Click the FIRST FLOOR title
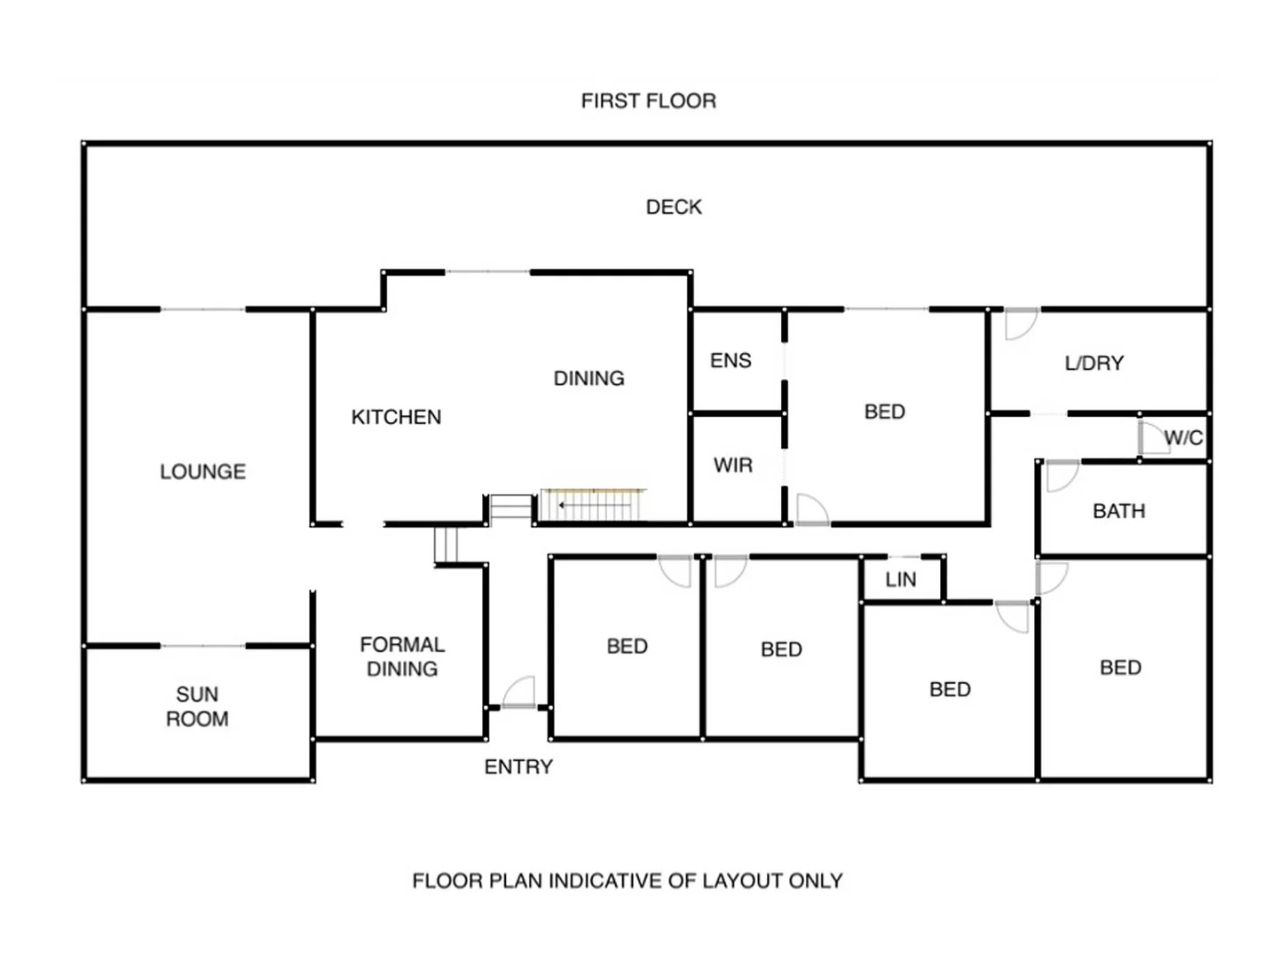(x=648, y=101)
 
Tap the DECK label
(x=674, y=207)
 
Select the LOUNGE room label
(x=202, y=471)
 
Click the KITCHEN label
(x=396, y=417)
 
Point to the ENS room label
(x=730, y=360)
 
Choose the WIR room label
(x=732, y=465)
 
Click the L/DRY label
(x=1093, y=363)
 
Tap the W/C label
(x=1183, y=437)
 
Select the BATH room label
(x=1118, y=511)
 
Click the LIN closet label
(x=900, y=579)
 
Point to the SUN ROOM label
(x=197, y=706)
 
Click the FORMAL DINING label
(x=402, y=656)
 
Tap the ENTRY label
(x=518, y=766)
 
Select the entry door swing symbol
(x=520, y=692)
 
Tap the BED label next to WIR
(x=884, y=412)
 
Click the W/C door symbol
(x=1153, y=438)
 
